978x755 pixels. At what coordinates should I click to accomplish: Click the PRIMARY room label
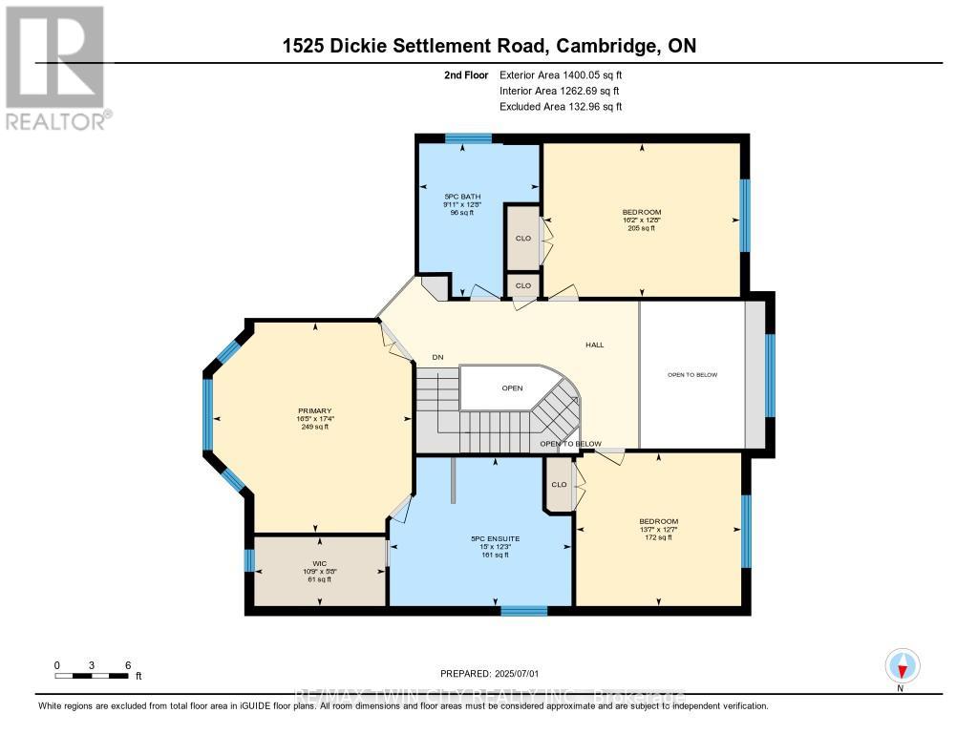click(x=313, y=411)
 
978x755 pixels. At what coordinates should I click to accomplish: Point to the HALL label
click(x=595, y=346)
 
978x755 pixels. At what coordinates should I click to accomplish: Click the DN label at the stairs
click(x=437, y=357)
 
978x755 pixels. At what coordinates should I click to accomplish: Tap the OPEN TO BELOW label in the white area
click(x=691, y=375)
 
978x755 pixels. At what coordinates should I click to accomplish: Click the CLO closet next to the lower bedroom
click(x=559, y=485)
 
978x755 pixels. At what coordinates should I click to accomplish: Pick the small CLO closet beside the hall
click(x=522, y=285)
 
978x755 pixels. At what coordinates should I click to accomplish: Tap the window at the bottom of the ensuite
click(x=523, y=609)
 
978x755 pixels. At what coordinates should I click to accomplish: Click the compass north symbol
click(x=902, y=665)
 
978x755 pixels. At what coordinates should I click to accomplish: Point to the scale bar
click(x=92, y=677)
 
